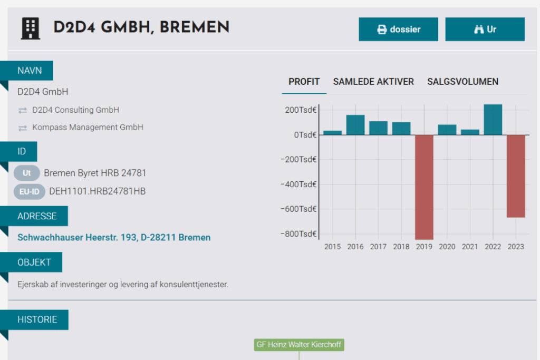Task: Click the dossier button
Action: pos(398,30)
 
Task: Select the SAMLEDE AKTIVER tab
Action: pos(373,82)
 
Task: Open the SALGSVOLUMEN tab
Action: pos(462,82)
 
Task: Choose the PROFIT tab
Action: pos(304,82)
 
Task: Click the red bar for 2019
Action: pos(424,187)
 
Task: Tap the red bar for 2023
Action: pos(516,176)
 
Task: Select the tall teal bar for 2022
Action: pos(493,120)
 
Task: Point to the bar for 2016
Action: pos(355,125)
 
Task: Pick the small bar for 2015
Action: pos(332,132)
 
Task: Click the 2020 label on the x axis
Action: pos(447,247)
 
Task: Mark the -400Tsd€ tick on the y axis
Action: pos(300,184)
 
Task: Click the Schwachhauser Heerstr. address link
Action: pos(114,238)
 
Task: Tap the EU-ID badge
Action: pos(29,191)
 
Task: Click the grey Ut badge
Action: pos(27,173)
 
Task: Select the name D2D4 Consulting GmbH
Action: pos(75,110)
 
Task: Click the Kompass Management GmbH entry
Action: pos(88,128)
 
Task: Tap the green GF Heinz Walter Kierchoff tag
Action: pos(299,345)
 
